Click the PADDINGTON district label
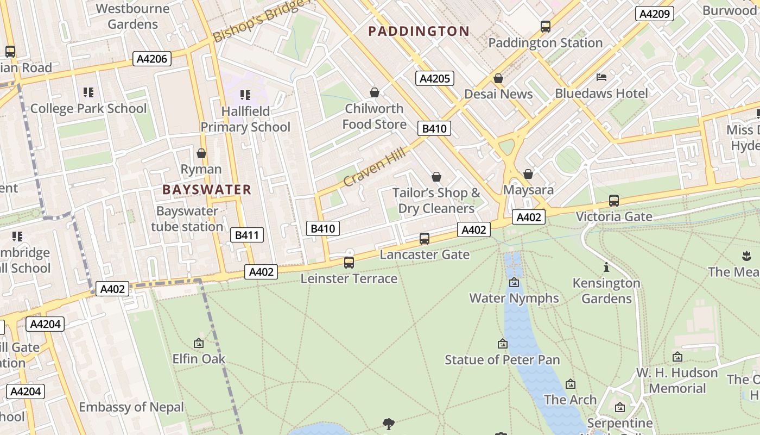point(419,32)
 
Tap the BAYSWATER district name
point(207,190)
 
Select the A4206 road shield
point(152,59)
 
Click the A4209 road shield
point(654,14)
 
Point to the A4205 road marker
point(435,78)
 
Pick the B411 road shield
point(247,235)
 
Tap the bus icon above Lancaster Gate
point(425,238)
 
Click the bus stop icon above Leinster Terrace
point(349,263)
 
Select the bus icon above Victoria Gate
point(614,200)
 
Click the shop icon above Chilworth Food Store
point(374,92)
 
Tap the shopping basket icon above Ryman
point(201,153)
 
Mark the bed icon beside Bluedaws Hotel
point(601,77)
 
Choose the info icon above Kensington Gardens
point(606,267)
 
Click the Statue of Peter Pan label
point(502,360)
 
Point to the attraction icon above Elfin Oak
point(199,343)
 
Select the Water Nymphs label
point(514,298)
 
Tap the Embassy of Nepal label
point(131,407)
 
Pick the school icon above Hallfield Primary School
point(245,95)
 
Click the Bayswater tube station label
point(187,219)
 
